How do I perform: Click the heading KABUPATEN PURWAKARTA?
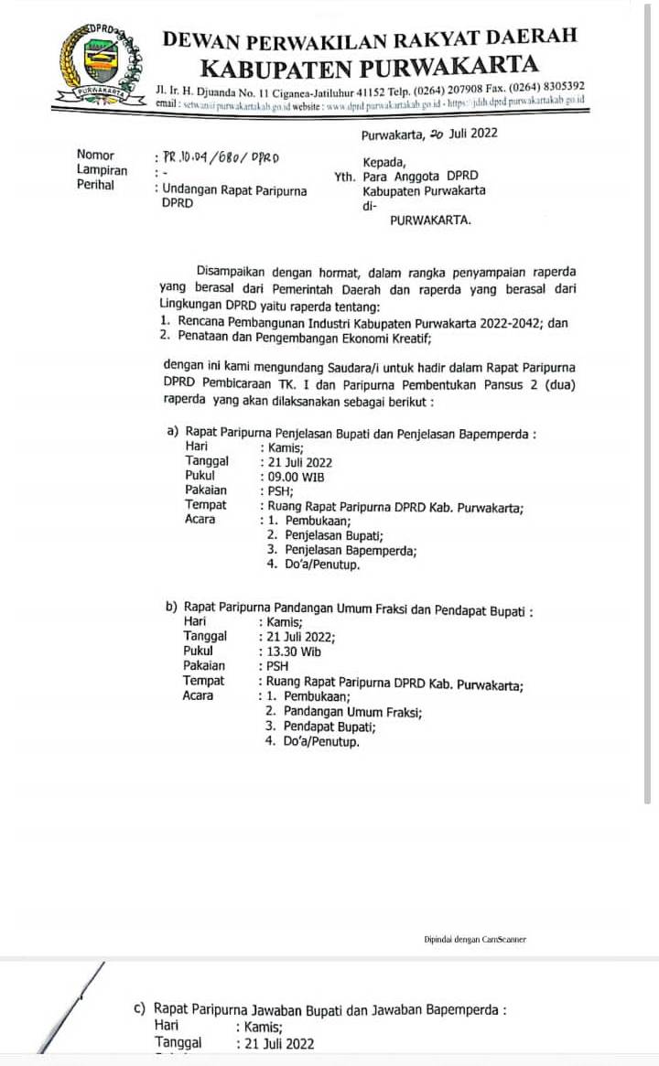tap(369, 67)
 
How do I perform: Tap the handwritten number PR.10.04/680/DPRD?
tap(221, 156)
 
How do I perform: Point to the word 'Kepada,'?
tap(384, 162)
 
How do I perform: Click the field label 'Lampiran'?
tap(103, 170)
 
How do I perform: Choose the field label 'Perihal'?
tap(96, 185)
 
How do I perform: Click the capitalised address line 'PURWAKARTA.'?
tap(431, 221)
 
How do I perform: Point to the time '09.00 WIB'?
tap(295, 477)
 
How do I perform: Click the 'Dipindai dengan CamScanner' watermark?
tap(474, 940)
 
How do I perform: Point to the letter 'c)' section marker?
tap(140, 1010)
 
